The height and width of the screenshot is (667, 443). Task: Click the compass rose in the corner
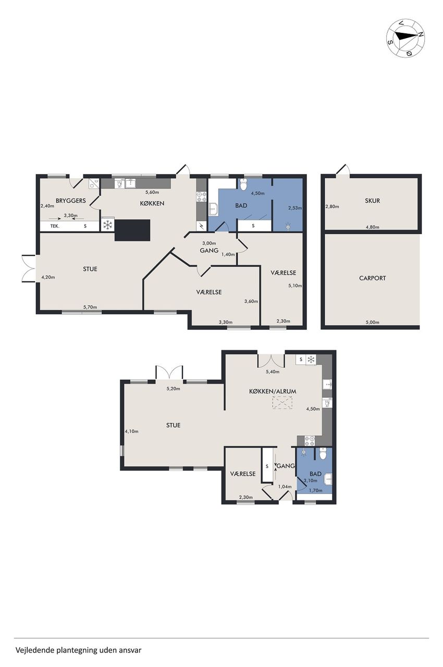coord(406,38)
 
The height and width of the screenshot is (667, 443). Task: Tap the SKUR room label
coord(372,201)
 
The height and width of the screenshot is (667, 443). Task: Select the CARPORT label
coord(372,278)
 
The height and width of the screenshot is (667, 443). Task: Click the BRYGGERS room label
coord(71,201)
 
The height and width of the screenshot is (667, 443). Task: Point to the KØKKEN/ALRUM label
coord(273,391)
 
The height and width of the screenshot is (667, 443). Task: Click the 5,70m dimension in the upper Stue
coord(91,307)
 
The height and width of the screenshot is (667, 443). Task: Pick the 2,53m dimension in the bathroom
coord(295,208)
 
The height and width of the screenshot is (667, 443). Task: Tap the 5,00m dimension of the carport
coord(373,322)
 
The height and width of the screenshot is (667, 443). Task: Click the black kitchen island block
coord(132,230)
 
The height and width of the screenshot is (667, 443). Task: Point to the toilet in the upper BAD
coord(243,184)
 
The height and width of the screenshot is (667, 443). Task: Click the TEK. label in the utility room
coord(55,226)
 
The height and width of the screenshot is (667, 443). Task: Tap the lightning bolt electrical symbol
coord(201,226)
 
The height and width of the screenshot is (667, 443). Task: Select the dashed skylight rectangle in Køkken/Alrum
coord(282,404)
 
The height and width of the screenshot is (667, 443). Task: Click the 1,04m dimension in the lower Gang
coord(285,487)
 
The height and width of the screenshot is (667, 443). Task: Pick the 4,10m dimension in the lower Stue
coord(131,431)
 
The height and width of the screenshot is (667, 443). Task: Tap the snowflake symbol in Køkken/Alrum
coord(311,360)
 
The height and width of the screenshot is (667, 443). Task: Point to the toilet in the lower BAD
coord(323,454)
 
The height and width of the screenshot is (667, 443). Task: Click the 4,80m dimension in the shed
coord(373,227)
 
